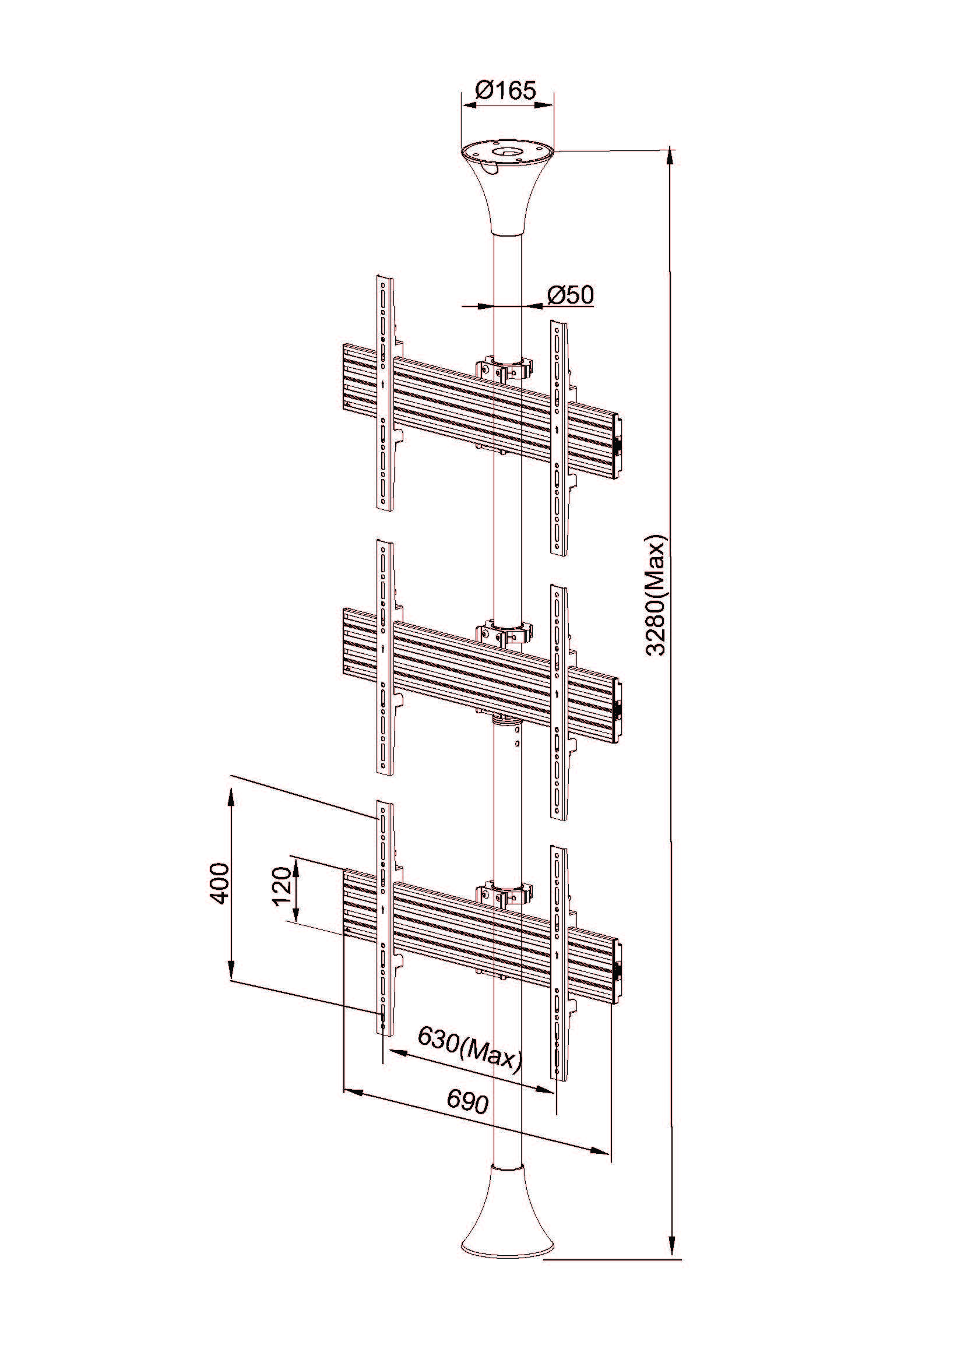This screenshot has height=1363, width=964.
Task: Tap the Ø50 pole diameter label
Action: [570, 295]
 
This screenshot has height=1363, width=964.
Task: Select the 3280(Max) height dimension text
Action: [657, 596]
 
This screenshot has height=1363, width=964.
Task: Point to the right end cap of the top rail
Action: [618, 445]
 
